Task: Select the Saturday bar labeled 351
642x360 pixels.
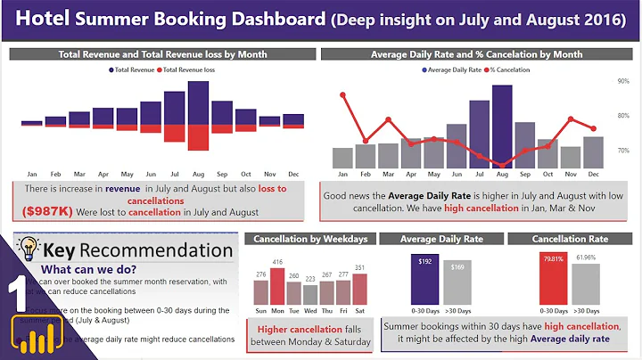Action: click(x=359, y=289)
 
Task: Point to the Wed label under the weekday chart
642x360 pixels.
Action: click(x=309, y=310)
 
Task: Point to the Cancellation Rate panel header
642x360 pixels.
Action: click(x=570, y=239)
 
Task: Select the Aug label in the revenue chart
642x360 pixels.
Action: click(x=198, y=174)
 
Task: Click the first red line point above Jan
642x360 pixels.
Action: click(x=342, y=94)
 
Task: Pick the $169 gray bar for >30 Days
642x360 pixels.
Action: click(x=457, y=285)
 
